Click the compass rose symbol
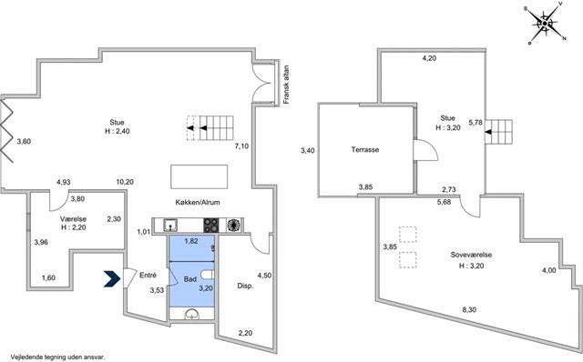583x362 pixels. [x=545, y=24]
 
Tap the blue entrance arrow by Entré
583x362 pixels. [x=112, y=279]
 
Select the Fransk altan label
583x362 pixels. [x=286, y=85]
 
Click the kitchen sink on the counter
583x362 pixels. [x=170, y=225]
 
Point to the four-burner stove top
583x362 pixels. [x=210, y=226]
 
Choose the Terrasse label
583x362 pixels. [x=365, y=150]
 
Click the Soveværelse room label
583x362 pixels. [x=471, y=255]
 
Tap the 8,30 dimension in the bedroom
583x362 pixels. [x=470, y=309]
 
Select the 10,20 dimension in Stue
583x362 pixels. [x=125, y=182]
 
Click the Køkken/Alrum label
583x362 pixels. [x=198, y=202]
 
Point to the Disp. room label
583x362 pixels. [x=245, y=286]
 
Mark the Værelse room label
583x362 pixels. [x=73, y=219]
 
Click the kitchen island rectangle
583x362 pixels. [x=199, y=176]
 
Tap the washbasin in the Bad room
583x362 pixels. [x=192, y=314]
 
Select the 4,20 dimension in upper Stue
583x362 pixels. [x=429, y=58]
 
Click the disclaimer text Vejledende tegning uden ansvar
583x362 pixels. [x=57, y=357]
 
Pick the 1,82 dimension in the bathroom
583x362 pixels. [x=191, y=241]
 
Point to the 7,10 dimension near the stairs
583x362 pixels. [x=241, y=146]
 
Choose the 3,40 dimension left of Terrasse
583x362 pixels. [x=308, y=150]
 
